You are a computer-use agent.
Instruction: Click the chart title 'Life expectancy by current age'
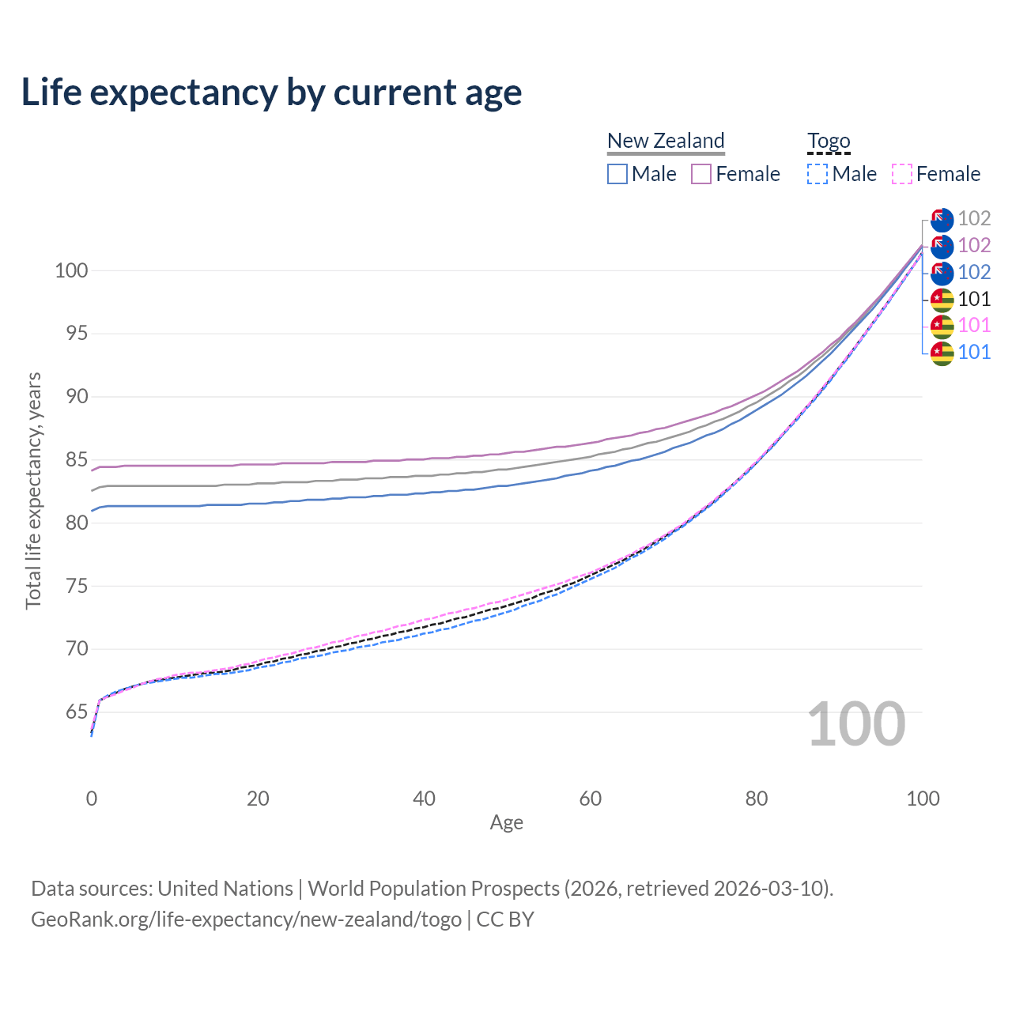pos(271,93)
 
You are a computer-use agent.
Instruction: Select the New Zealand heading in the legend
pos(666,141)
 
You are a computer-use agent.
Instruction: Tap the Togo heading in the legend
pos(829,141)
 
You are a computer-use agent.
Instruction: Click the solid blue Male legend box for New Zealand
pos(617,174)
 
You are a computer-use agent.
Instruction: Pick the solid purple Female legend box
pos(701,174)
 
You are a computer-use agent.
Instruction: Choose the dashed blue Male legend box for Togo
pos(818,174)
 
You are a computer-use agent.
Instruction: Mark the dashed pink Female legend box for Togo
pos(902,174)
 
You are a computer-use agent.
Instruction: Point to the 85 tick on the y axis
pos(71,459)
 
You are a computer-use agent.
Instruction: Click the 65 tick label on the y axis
pos(76,712)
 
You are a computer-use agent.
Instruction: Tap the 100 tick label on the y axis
pos(71,270)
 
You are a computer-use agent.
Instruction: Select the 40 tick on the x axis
pos(424,799)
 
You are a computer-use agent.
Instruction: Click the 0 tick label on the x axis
pos(92,799)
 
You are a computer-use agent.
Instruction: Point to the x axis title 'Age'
pos(506,823)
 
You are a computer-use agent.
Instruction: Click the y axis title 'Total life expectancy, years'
pos(33,490)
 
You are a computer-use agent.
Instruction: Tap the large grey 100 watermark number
pos(856,724)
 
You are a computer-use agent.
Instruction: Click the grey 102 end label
pos(974,218)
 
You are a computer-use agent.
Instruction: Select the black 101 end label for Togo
pos(974,299)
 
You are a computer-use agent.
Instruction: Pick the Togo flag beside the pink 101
pos(942,326)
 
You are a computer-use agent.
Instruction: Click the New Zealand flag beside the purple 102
pos(942,246)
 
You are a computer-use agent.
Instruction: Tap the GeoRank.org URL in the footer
pos(246,919)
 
